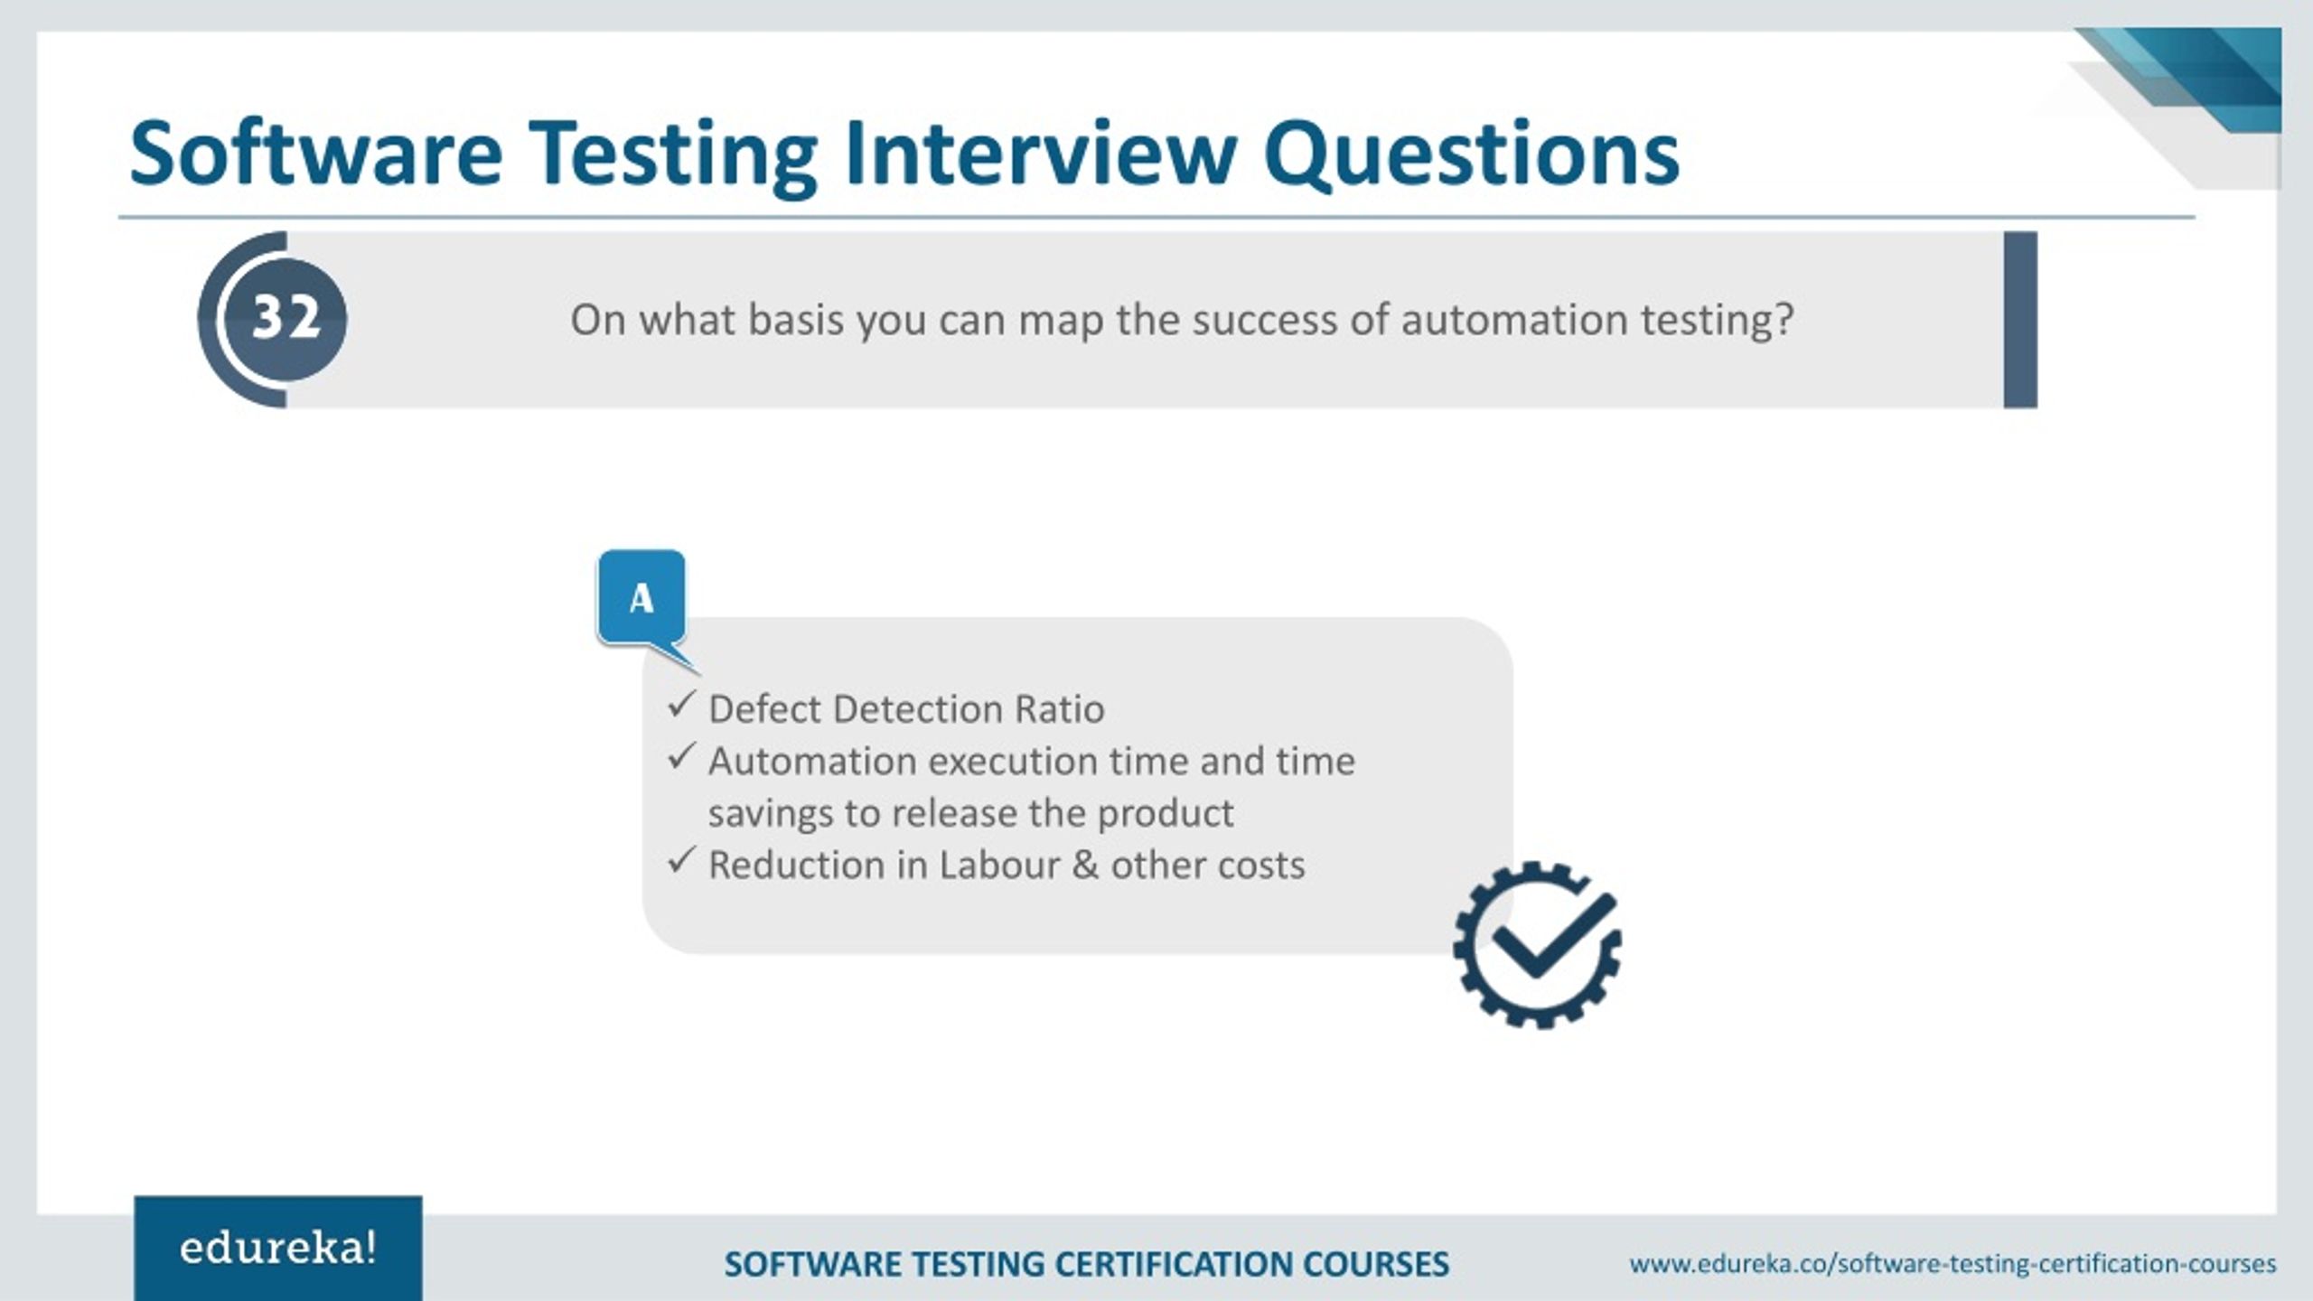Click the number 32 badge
tap(285, 318)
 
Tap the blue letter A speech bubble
tap(641, 598)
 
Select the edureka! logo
tap(277, 1249)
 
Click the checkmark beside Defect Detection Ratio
tap(681, 705)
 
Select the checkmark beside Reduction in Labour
tap(681, 860)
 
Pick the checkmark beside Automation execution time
tap(681, 756)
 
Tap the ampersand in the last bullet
tap(1085, 866)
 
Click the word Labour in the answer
tap(998, 866)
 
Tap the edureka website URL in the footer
tap(1952, 1263)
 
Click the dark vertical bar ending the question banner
tap(2020, 320)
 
